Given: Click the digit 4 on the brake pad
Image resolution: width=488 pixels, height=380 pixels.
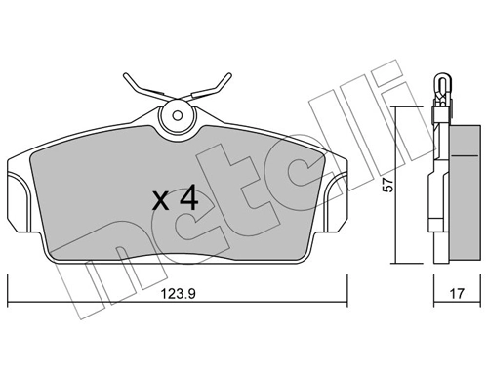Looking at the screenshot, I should click(187, 201).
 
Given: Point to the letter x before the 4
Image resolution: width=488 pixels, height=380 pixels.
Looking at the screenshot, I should click(161, 204).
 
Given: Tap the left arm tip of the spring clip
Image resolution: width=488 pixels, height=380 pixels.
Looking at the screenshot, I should click(124, 74).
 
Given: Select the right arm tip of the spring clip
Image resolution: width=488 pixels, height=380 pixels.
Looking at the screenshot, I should click(231, 74).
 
